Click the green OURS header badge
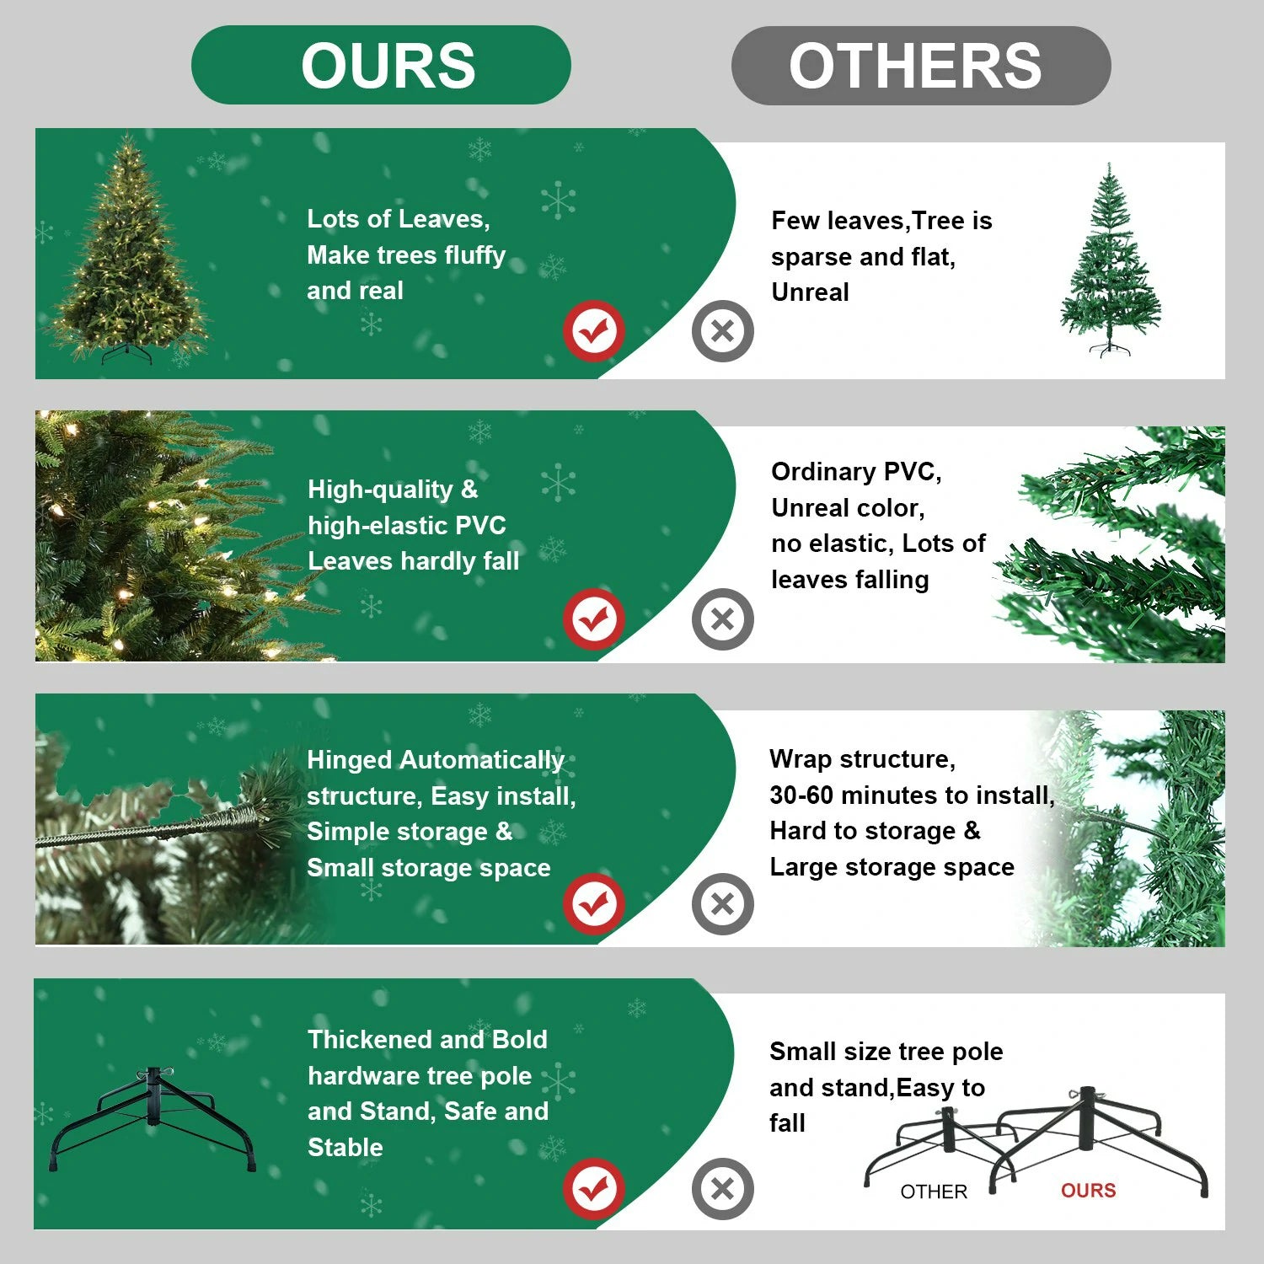(381, 65)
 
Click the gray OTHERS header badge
(920, 66)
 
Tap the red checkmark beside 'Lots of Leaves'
(594, 330)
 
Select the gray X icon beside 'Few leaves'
(722, 330)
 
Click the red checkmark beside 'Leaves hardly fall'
(594, 619)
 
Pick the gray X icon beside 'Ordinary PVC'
(722, 619)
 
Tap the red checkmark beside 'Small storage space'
(594, 904)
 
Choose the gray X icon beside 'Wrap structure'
(722, 904)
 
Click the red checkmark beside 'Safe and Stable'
(594, 1188)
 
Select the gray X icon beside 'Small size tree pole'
(722, 1188)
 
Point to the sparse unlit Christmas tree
(1110, 261)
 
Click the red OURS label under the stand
(1088, 1190)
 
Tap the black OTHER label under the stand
(934, 1191)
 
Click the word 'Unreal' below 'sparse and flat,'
(810, 292)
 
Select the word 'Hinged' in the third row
(349, 759)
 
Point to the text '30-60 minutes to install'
(911, 795)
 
